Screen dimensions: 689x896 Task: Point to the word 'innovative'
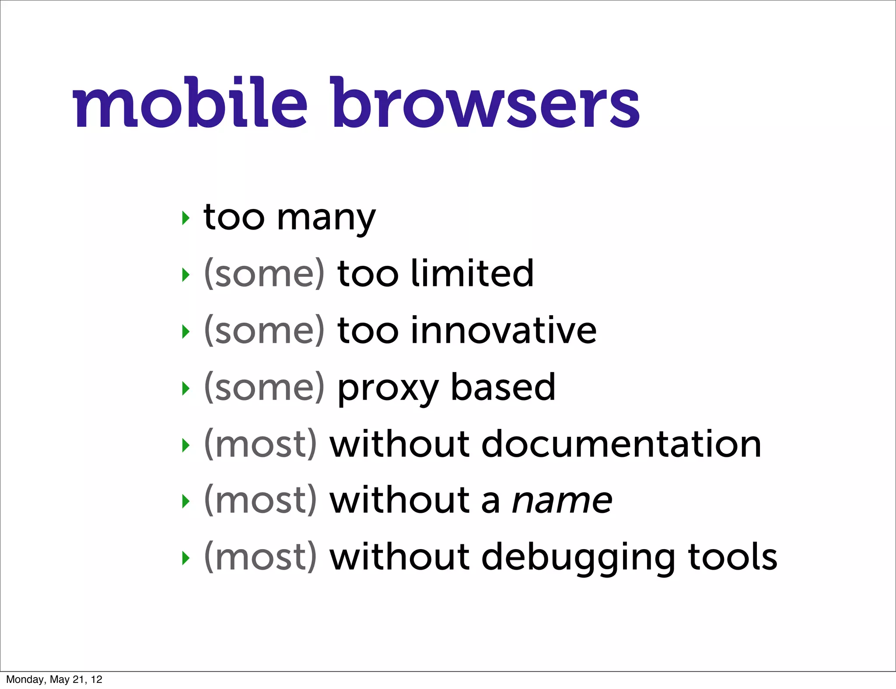coord(503,331)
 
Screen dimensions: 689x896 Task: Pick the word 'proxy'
coord(388,388)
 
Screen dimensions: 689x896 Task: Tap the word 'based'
coord(503,387)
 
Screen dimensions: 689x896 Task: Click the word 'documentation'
coord(621,444)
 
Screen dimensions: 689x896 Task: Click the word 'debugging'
coord(578,558)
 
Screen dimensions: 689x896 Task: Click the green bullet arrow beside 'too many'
coord(186,218)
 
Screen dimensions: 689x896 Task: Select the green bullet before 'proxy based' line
coord(186,388)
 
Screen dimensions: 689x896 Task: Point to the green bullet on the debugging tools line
coord(186,558)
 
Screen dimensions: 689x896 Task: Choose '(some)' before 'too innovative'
coord(264,331)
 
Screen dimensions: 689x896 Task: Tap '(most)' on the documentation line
coord(260,444)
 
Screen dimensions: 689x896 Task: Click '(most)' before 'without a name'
coord(260,501)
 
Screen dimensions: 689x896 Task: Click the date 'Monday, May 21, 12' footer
coord(54,679)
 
